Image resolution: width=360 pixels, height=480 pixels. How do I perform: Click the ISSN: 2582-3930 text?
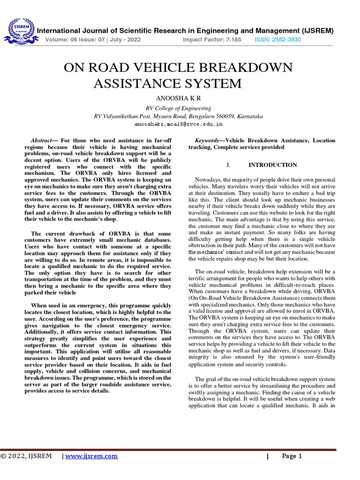(x=277, y=40)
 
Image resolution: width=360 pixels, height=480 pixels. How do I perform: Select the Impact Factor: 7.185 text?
(x=211, y=40)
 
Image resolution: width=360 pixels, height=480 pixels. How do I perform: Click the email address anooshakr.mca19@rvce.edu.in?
(x=178, y=125)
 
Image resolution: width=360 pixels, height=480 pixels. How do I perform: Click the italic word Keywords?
(x=206, y=140)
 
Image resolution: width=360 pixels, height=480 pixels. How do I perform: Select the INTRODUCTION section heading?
(x=272, y=165)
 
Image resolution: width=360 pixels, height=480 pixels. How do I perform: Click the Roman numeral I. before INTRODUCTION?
(x=228, y=165)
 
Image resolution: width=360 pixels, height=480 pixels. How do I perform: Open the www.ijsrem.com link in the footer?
(x=92, y=456)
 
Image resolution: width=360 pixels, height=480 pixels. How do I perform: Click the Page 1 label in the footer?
(x=292, y=456)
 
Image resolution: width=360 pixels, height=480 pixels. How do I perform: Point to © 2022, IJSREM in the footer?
(x=26, y=456)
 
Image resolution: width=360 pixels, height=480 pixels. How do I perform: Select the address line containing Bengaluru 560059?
(x=178, y=116)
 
